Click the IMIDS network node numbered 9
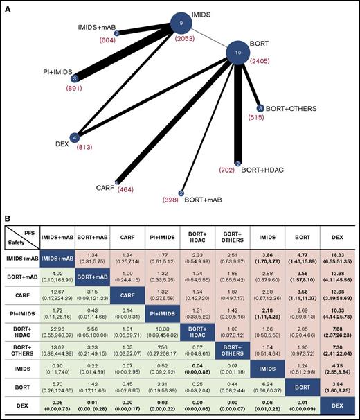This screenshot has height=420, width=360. [181, 24]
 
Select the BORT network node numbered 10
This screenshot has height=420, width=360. [238, 52]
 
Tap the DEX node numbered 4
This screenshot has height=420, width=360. [75, 137]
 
